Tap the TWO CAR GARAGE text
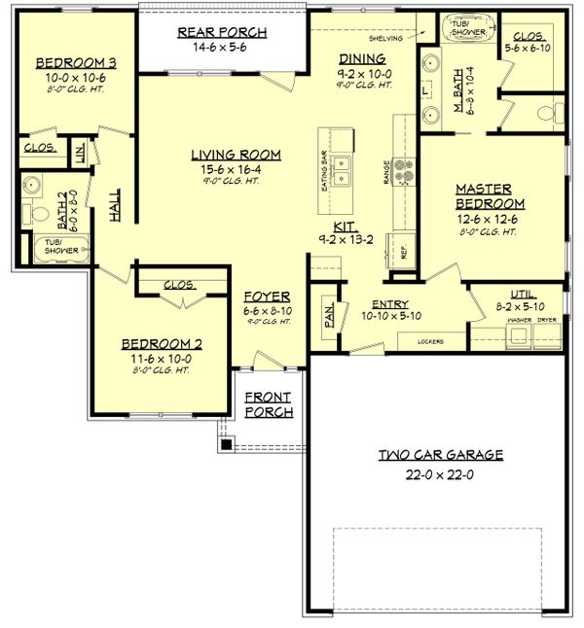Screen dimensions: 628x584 [x=441, y=454]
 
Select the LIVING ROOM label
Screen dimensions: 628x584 [x=236, y=154]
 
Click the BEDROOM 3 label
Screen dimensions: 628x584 [x=76, y=63]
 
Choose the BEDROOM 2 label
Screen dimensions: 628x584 [x=162, y=344]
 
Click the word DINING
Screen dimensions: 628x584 [x=362, y=58]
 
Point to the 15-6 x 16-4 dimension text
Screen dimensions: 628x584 [x=236, y=168]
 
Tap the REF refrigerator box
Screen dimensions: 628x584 [x=402, y=249]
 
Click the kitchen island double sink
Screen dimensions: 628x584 [x=342, y=173]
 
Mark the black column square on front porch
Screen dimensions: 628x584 [x=226, y=444]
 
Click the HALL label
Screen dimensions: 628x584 [x=115, y=204]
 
